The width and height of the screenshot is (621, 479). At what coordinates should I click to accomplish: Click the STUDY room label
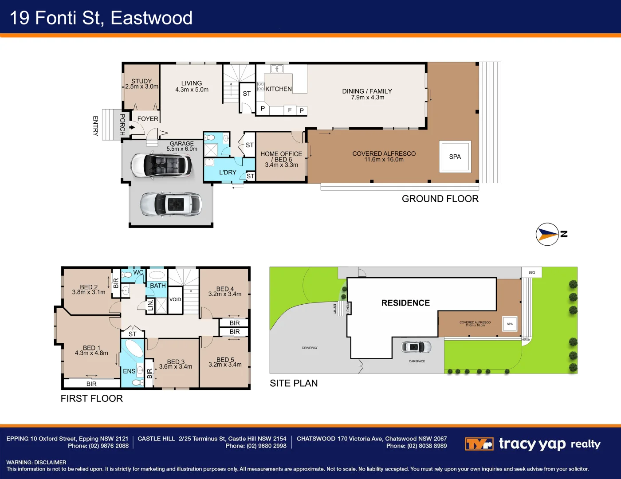[141, 81]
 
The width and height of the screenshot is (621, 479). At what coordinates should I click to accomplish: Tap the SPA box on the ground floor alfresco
[455, 157]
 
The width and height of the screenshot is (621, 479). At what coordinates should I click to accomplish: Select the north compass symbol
[548, 234]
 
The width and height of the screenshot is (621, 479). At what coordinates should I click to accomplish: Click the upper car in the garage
[161, 165]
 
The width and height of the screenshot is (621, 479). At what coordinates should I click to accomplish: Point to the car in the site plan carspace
[416, 347]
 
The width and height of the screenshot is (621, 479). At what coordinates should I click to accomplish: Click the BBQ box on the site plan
[531, 272]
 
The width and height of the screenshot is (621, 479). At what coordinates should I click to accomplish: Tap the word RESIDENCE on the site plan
[405, 303]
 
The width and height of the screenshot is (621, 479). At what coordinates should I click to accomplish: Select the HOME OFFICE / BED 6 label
[281, 157]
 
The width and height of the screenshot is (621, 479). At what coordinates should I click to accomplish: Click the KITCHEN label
[279, 89]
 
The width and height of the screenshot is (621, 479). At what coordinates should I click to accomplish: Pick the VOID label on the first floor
[175, 300]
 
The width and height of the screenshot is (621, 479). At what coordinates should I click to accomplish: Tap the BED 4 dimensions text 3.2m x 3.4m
[225, 294]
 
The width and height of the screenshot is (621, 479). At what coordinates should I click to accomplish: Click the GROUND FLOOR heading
[440, 199]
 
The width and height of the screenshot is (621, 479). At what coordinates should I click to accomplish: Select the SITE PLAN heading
[294, 383]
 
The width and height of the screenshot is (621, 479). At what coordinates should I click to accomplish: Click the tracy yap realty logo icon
[479, 444]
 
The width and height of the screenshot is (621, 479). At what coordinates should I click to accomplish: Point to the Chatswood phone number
[416, 446]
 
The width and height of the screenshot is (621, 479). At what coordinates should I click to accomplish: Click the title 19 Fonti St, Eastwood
[101, 18]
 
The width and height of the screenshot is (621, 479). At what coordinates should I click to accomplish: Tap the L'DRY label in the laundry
[228, 173]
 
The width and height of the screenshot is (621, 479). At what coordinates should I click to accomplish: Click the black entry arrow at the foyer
[132, 127]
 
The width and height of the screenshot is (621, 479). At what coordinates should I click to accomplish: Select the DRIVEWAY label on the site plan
[310, 348]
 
